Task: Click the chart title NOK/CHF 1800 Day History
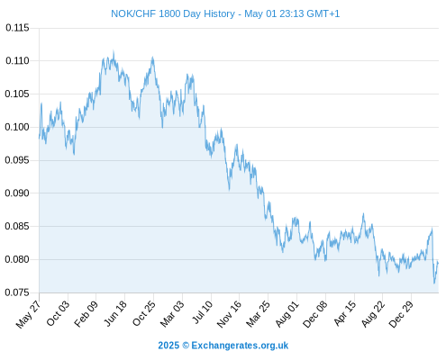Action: tap(173, 13)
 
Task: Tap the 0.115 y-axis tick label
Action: tap(17, 28)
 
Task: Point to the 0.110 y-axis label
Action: tap(17, 61)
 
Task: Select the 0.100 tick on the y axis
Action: tap(17, 127)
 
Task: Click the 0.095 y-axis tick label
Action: tap(17, 160)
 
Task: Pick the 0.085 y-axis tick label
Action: tap(17, 226)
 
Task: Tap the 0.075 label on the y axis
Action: tap(17, 292)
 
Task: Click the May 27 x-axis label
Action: tap(28, 314)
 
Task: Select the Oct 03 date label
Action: tap(58, 313)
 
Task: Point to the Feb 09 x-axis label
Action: tap(86, 314)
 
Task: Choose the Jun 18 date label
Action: tap(115, 313)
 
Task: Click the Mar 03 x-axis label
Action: tap(172, 314)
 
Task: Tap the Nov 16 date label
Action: tap(229, 314)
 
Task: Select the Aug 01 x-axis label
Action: tap(287, 314)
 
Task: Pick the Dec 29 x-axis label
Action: tap(401, 314)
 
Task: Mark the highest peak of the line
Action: tap(114, 51)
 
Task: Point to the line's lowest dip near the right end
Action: tap(434, 283)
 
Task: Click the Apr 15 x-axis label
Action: tap(345, 313)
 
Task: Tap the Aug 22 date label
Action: tap(373, 314)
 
